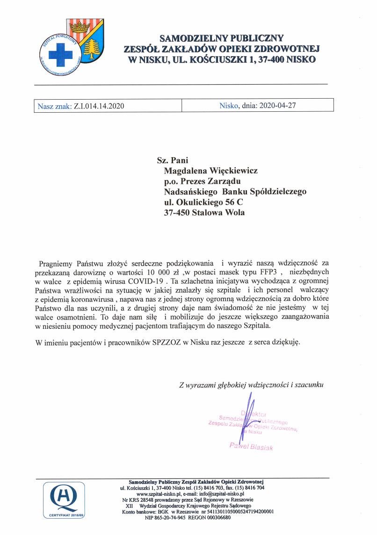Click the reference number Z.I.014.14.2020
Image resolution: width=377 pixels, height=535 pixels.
99,106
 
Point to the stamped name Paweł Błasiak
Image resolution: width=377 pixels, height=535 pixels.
251,447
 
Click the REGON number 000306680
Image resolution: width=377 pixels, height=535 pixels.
216,518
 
